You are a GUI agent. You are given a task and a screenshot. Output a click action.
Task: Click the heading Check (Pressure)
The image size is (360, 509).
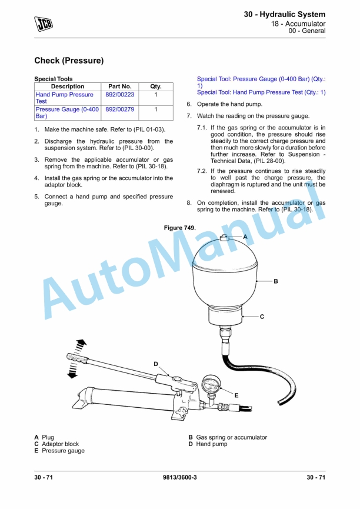click(69, 61)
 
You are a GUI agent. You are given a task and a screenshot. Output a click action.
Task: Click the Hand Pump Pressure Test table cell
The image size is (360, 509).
click(64, 98)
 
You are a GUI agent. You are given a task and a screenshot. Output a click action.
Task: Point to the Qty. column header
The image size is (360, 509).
click(156, 87)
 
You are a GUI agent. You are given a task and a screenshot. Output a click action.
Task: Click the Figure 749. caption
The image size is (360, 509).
click(179, 228)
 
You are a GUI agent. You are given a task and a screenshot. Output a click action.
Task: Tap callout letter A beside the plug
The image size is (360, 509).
click(245, 236)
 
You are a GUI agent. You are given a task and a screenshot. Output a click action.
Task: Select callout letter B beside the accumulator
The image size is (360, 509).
click(275, 281)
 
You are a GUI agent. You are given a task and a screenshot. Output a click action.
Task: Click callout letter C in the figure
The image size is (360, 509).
click(262, 317)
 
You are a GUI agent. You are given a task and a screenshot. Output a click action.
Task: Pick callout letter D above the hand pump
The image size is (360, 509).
click(156, 364)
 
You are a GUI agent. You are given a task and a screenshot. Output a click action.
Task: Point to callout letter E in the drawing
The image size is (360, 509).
click(236, 395)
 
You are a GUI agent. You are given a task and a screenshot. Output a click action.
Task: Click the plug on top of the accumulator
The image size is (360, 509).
click(225, 238)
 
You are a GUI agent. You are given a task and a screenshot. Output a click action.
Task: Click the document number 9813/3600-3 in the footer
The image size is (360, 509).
click(179, 477)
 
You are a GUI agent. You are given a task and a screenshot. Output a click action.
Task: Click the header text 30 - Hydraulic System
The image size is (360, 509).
click(285, 14)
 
